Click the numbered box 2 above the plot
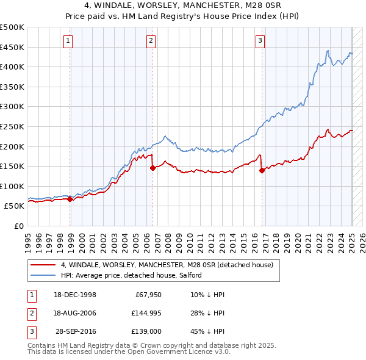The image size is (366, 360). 151,41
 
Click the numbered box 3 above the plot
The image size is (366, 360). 260,41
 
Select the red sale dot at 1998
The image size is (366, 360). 70,198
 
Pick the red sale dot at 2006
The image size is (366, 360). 152,168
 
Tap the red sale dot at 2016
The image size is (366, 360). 262,170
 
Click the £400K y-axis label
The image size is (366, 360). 12,67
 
